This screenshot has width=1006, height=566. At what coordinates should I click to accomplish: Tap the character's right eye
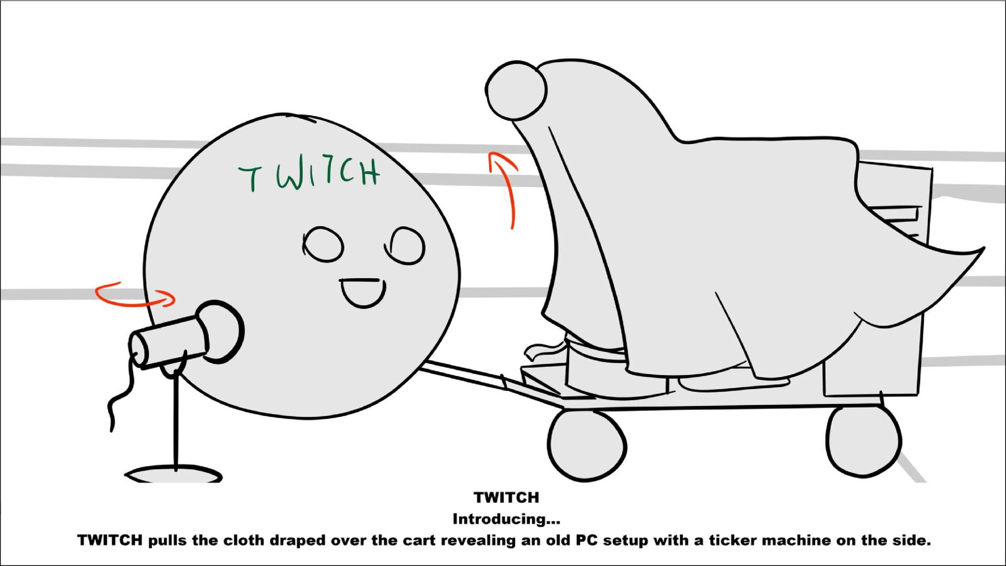tap(406, 245)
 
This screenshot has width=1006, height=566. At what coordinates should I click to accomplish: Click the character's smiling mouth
tap(363, 293)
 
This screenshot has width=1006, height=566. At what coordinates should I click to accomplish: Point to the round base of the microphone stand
tap(173, 475)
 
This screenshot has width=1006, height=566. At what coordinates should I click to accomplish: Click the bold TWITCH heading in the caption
tap(506, 497)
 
